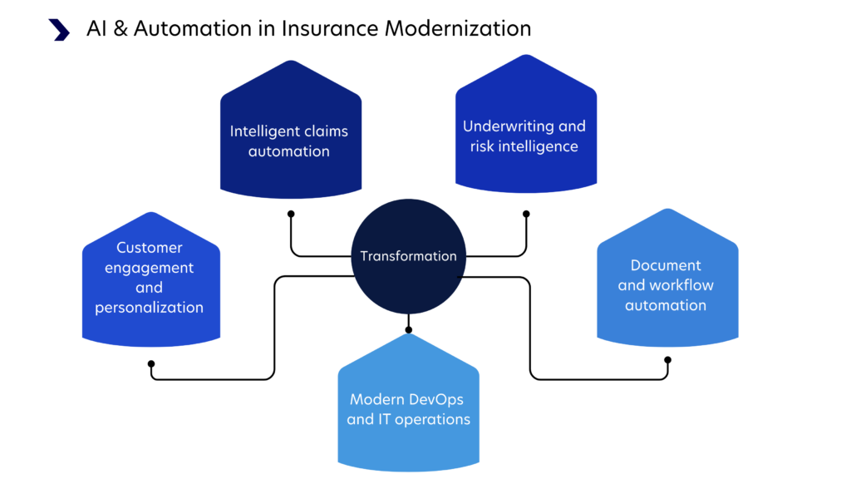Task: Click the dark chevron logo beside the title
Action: (x=60, y=29)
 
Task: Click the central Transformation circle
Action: (x=408, y=256)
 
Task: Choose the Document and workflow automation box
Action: (x=666, y=283)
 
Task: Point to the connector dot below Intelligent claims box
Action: (x=291, y=214)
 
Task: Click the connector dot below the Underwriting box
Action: (x=526, y=214)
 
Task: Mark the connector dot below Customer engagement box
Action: (x=151, y=363)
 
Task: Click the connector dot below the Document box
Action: (x=667, y=360)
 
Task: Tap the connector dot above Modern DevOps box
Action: (x=408, y=330)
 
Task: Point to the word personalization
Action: (x=150, y=308)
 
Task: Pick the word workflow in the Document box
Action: (x=681, y=285)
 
